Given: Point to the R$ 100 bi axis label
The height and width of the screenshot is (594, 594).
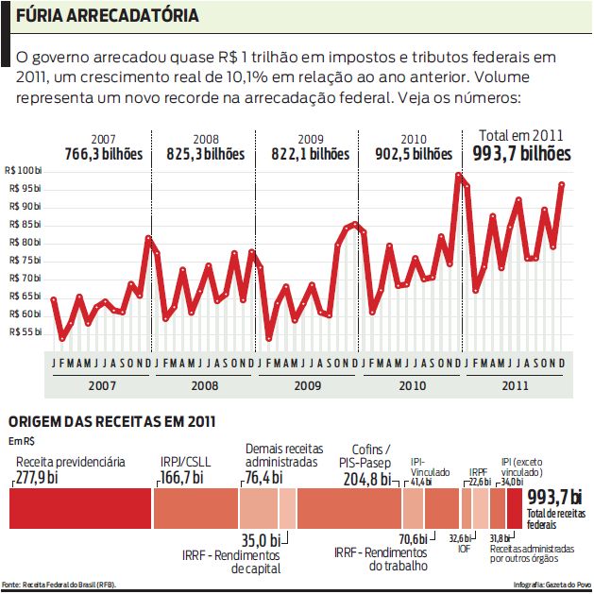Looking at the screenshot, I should point(24,170).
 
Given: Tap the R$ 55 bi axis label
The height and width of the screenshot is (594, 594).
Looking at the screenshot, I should point(25,331).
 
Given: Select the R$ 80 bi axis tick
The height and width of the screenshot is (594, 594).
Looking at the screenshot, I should point(25,242).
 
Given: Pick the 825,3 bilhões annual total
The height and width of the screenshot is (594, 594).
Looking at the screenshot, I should point(205,153).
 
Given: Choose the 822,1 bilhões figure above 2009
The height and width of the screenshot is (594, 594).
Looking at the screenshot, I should point(310,153).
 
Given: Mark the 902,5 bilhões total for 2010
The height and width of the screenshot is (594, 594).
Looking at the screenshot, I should point(414,153).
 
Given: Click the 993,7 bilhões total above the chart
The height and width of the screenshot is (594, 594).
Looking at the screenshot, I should point(521,153).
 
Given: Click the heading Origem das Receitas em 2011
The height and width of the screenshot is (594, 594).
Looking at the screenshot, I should point(110,421).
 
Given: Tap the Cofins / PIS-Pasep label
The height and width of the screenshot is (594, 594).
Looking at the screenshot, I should point(365,455).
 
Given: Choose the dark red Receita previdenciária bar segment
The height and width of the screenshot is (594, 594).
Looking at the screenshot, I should point(80,510).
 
